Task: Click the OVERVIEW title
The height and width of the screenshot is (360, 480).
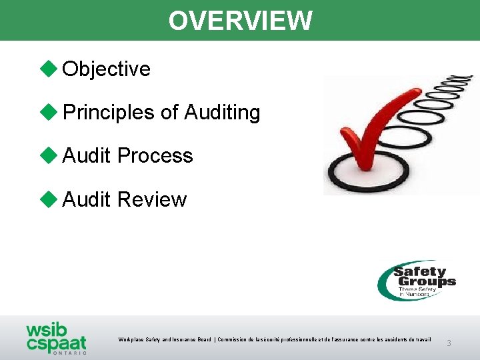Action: pos(240,20)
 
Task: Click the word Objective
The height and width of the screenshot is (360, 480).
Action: pos(106,69)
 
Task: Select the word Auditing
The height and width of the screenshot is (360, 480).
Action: pos(222,113)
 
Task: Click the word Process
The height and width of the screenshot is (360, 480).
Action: pos(155,156)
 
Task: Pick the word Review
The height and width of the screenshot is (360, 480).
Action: pos(151,199)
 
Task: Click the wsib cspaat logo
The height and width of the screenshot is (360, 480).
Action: pos(56,337)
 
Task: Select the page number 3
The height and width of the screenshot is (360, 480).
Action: pos(449,343)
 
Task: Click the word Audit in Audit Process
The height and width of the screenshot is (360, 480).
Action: pos(86,156)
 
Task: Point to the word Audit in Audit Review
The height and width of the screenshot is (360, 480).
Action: pos(86,199)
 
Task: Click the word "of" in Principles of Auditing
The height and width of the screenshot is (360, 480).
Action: pos(169,113)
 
